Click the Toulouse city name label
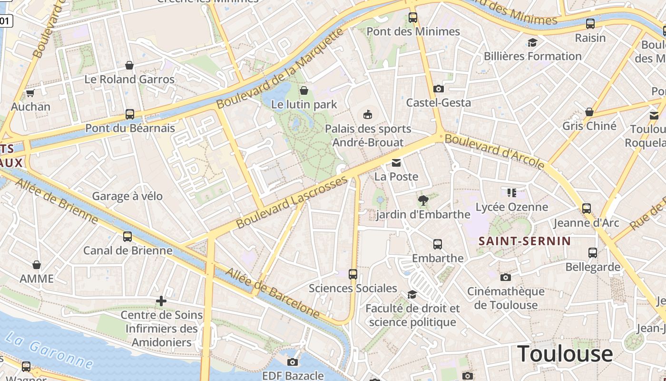pos(565,353)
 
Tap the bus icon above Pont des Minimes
pos(413,18)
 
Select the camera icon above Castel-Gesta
pos(439,89)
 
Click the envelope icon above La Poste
pos(396,163)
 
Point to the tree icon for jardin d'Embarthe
pos(422,200)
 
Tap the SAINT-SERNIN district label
pos(524,241)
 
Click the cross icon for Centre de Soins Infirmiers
pos(161,301)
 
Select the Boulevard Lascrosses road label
pos(292,202)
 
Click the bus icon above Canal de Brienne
pos(127,237)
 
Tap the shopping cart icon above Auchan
pos(30,93)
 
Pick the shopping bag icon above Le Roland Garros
pos(129,65)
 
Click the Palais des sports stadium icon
pos(368,114)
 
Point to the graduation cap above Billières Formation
pos(532,42)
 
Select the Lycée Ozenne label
pos(512,207)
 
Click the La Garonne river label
pos(49,351)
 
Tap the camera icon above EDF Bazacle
pos(293,362)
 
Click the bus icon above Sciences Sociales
pos(353,274)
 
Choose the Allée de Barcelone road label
pos(272,292)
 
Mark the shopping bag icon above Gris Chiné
pos(589,112)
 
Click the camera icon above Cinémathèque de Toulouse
pos(505,277)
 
